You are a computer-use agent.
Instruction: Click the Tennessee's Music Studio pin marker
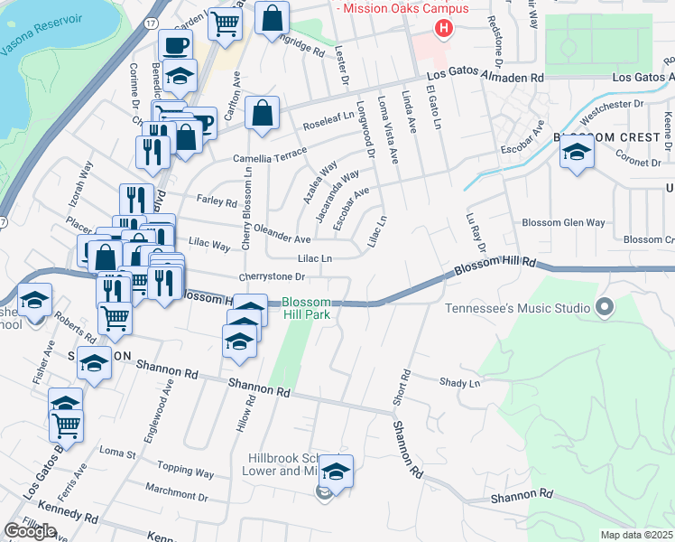[x=605, y=308]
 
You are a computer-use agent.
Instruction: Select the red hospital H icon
[x=443, y=29]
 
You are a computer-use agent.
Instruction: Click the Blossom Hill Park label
[x=306, y=309]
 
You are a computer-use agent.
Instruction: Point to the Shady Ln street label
[x=459, y=383]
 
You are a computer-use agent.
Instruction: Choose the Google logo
[x=30, y=531]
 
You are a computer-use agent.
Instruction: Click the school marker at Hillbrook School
[x=336, y=472]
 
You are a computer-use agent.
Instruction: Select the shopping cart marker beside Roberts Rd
[x=116, y=316]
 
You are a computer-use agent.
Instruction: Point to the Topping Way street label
[x=185, y=471]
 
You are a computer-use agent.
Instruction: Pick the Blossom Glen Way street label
[x=563, y=222]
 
